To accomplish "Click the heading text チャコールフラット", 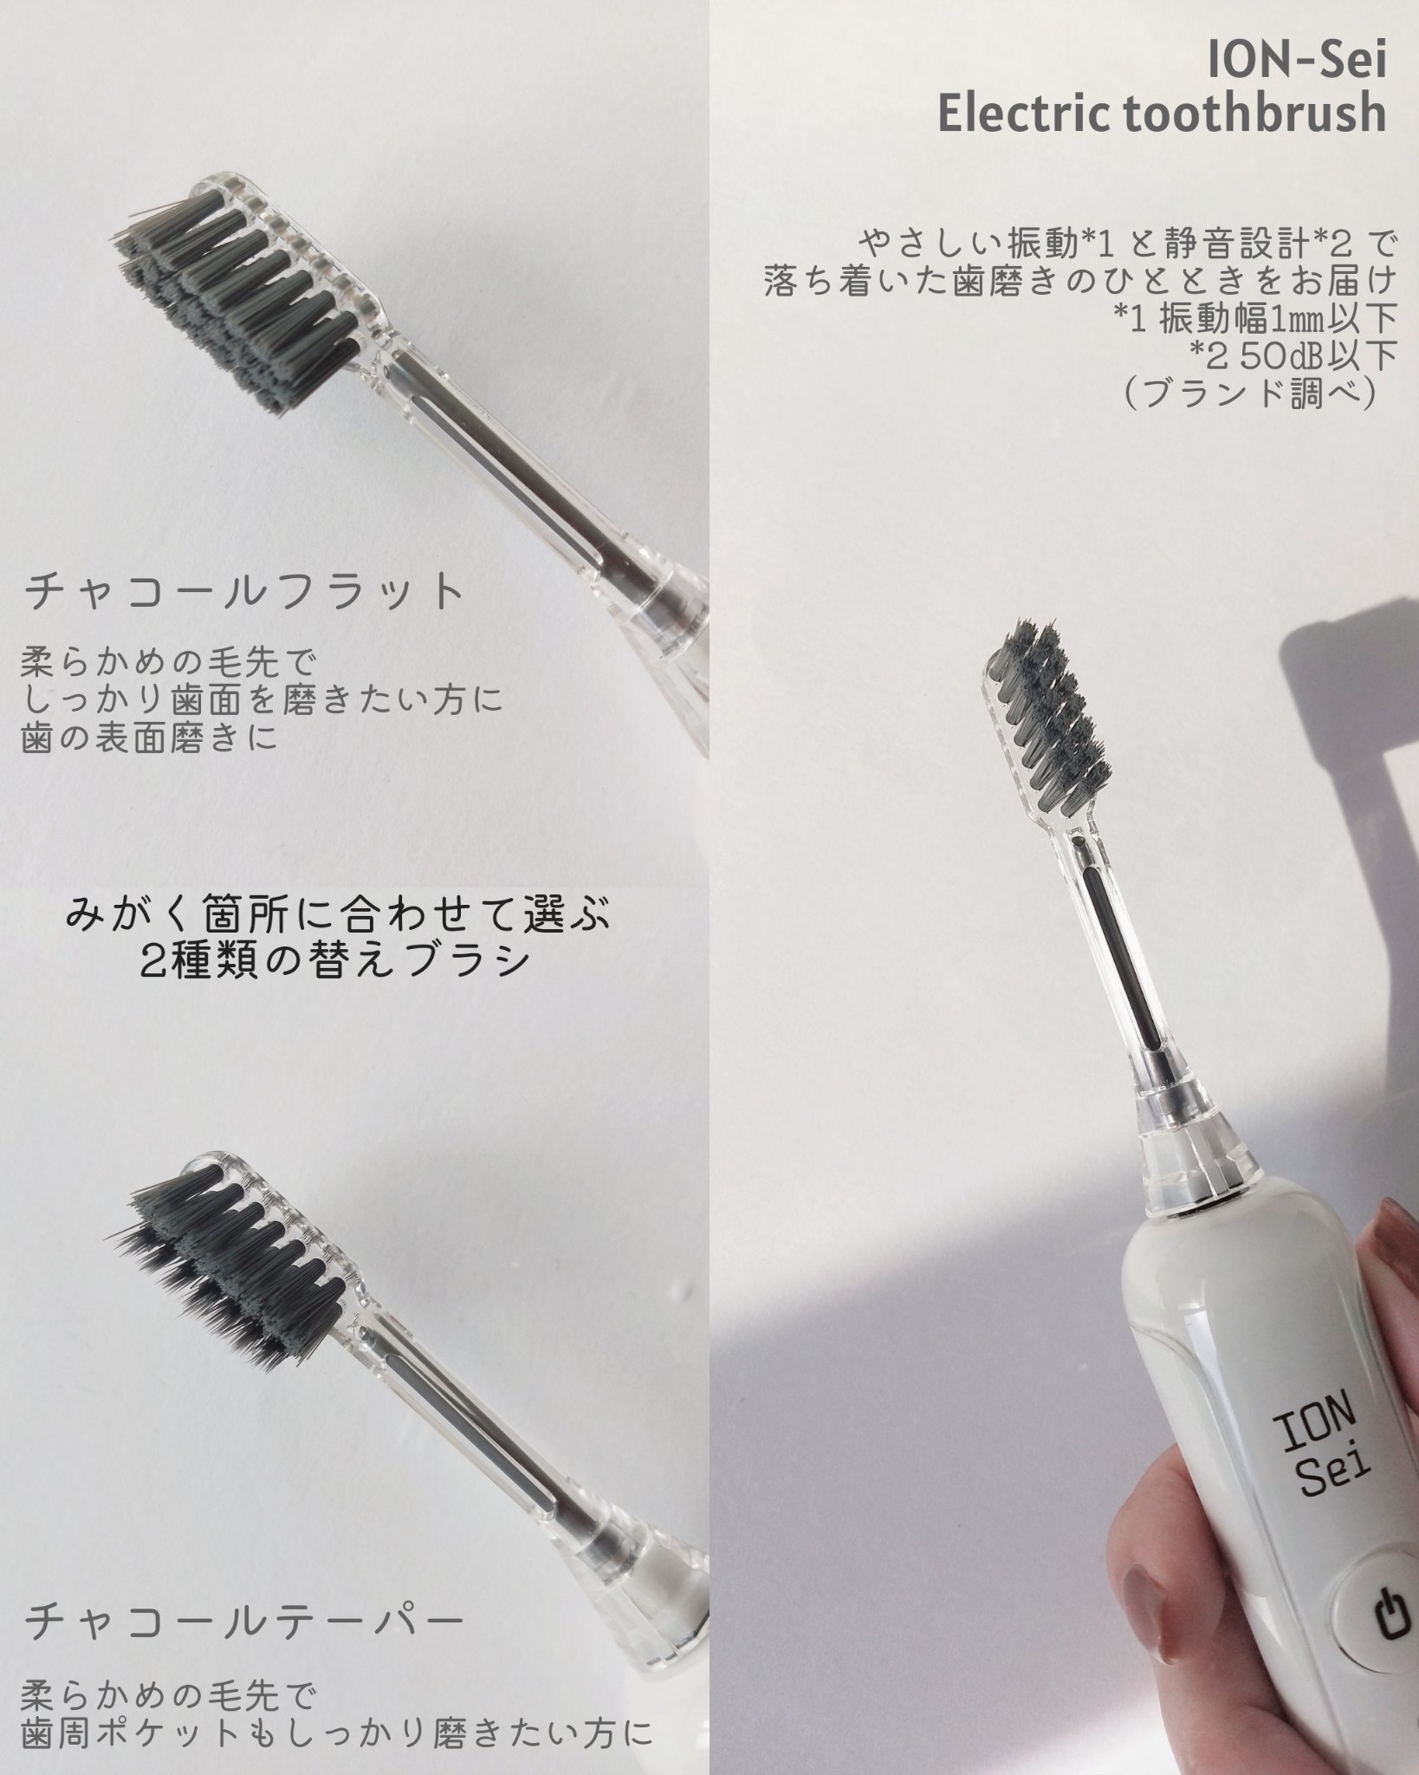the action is [x=245, y=593].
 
